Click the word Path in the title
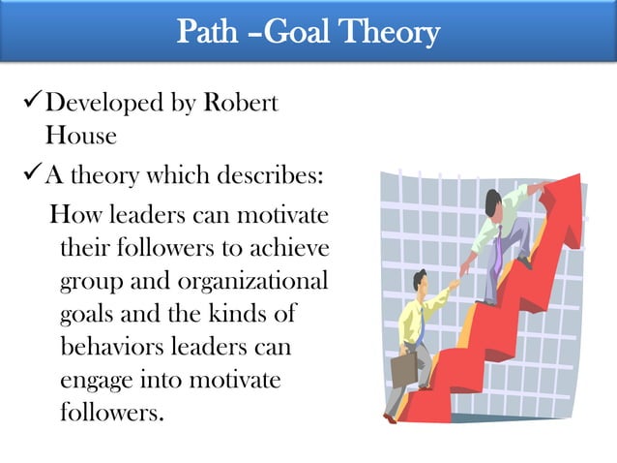click(x=209, y=34)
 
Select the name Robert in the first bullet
click(x=240, y=103)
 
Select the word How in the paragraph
click(x=76, y=213)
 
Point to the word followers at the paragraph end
click(x=111, y=412)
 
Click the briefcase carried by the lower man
click(x=403, y=366)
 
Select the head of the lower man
click(x=422, y=281)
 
